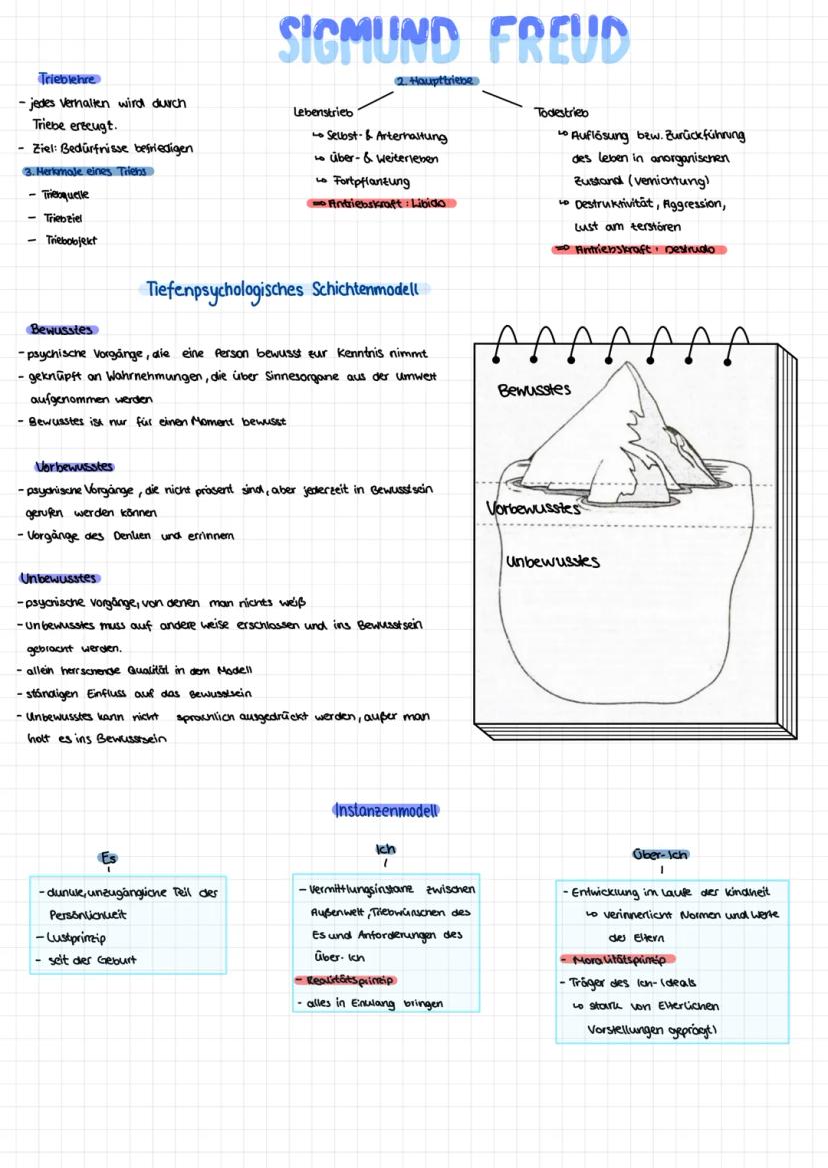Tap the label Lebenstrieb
click(x=322, y=112)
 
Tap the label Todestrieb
click(x=561, y=113)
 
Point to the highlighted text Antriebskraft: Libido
click(x=381, y=204)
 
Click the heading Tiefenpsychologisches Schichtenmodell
click(x=286, y=290)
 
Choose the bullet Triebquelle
click(x=65, y=194)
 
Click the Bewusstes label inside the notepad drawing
click(x=534, y=389)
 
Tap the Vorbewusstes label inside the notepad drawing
click(x=533, y=509)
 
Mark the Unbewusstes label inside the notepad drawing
click(x=552, y=561)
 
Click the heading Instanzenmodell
click(x=386, y=810)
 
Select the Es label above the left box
click(x=109, y=857)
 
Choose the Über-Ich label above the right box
click(x=661, y=855)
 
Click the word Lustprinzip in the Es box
click(x=72, y=937)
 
